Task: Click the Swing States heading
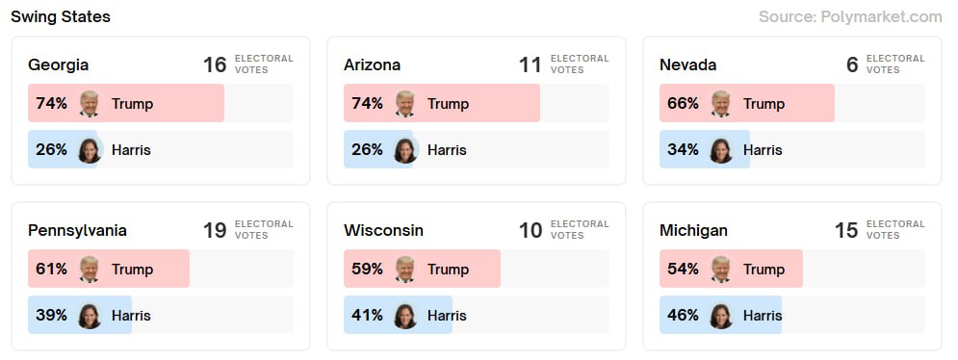[x=61, y=16]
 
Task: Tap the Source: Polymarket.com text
[x=850, y=16]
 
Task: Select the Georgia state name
[x=58, y=65]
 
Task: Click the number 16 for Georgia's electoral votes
[x=215, y=65]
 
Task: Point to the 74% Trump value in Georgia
[x=52, y=104]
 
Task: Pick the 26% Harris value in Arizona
[x=368, y=150]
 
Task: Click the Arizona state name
[x=372, y=65]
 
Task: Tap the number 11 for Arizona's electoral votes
[x=531, y=65]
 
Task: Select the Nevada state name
[x=687, y=65]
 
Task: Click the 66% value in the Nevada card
[x=683, y=104]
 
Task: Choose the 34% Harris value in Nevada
[x=683, y=150]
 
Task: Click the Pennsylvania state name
[x=77, y=231]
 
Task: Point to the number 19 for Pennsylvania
[x=215, y=231]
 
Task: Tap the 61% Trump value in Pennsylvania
[x=51, y=270]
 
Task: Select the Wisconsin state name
[x=383, y=231]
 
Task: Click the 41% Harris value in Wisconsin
[x=367, y=316]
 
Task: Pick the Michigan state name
[x=693, y=231]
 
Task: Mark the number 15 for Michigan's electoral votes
[x=846, y=231]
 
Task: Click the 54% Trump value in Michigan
[x=683, y=270]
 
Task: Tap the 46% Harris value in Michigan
[x=683, y=316]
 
